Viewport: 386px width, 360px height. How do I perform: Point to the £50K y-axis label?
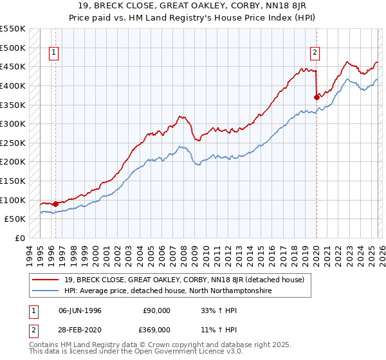point(15,219)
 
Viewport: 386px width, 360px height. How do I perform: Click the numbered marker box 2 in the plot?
point(315,53)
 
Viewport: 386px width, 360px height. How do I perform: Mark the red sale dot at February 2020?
point(317,97)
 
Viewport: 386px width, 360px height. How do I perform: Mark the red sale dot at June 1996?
point(56,204)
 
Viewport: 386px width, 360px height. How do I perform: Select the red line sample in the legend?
point(46,280)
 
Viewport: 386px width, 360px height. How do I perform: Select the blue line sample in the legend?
point(46,291)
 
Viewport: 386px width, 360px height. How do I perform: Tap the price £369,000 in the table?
point(156,329)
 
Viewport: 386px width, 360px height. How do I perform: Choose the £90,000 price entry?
point(156,310)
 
